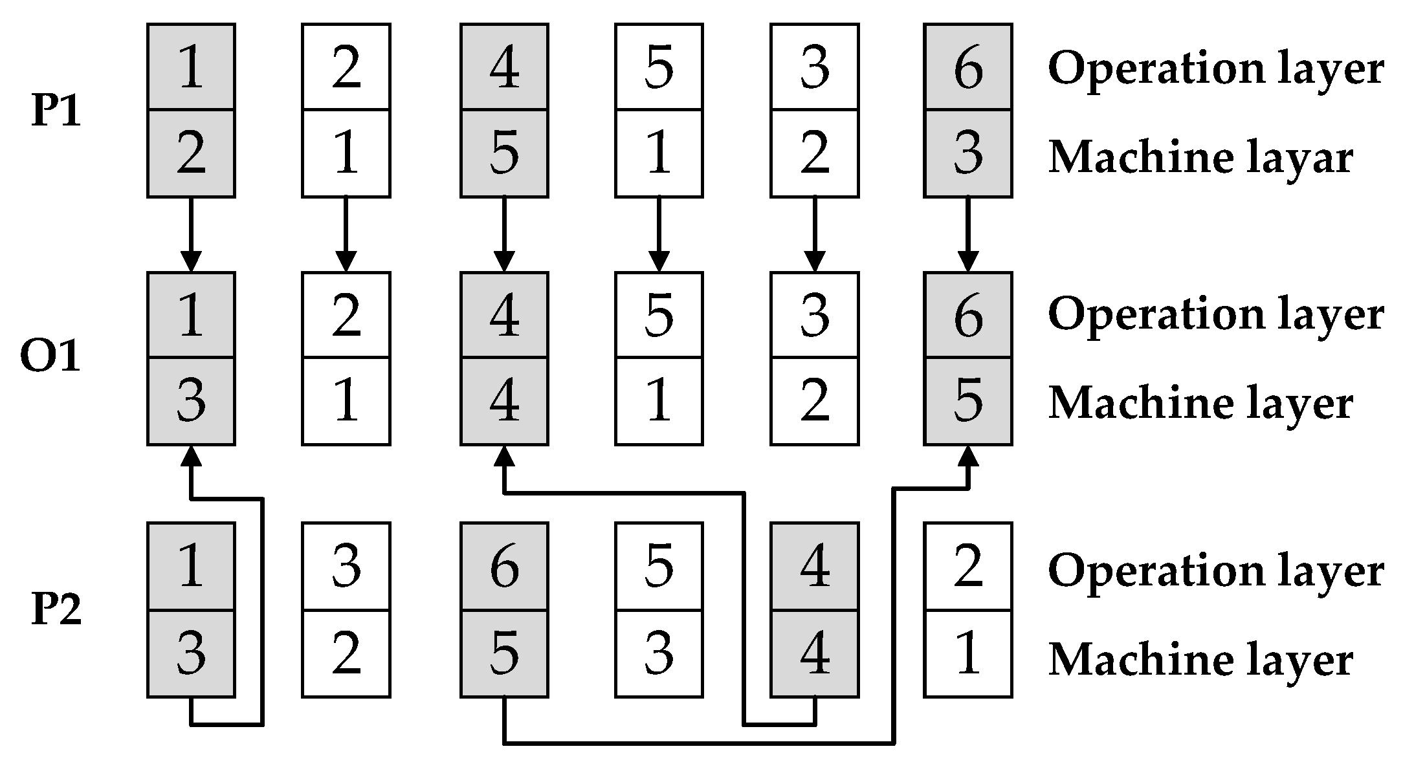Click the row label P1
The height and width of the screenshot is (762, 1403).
point(57,111)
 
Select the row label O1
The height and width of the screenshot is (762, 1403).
point(50,357)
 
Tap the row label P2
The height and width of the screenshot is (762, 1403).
point(57,609)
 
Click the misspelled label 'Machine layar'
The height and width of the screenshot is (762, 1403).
point(1200,157)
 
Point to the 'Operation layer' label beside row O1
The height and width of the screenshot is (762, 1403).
point(1215,314)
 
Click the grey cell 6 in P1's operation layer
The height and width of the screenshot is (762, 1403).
point(967,67)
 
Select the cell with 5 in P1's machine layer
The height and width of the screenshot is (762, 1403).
point(504,154)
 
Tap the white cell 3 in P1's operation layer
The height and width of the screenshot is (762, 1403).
point(814,67)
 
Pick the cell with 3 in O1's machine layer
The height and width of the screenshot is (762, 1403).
point(191,401)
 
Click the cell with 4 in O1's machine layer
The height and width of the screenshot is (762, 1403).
point(504,401)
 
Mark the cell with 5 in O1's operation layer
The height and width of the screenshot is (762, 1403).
point(659,315)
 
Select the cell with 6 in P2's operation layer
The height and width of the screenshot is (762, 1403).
point(504,566)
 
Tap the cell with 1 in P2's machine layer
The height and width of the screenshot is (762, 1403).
point(967,653)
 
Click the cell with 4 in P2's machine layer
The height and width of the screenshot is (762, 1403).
point(814,653)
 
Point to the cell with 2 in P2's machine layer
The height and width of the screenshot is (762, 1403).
point(346,653)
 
